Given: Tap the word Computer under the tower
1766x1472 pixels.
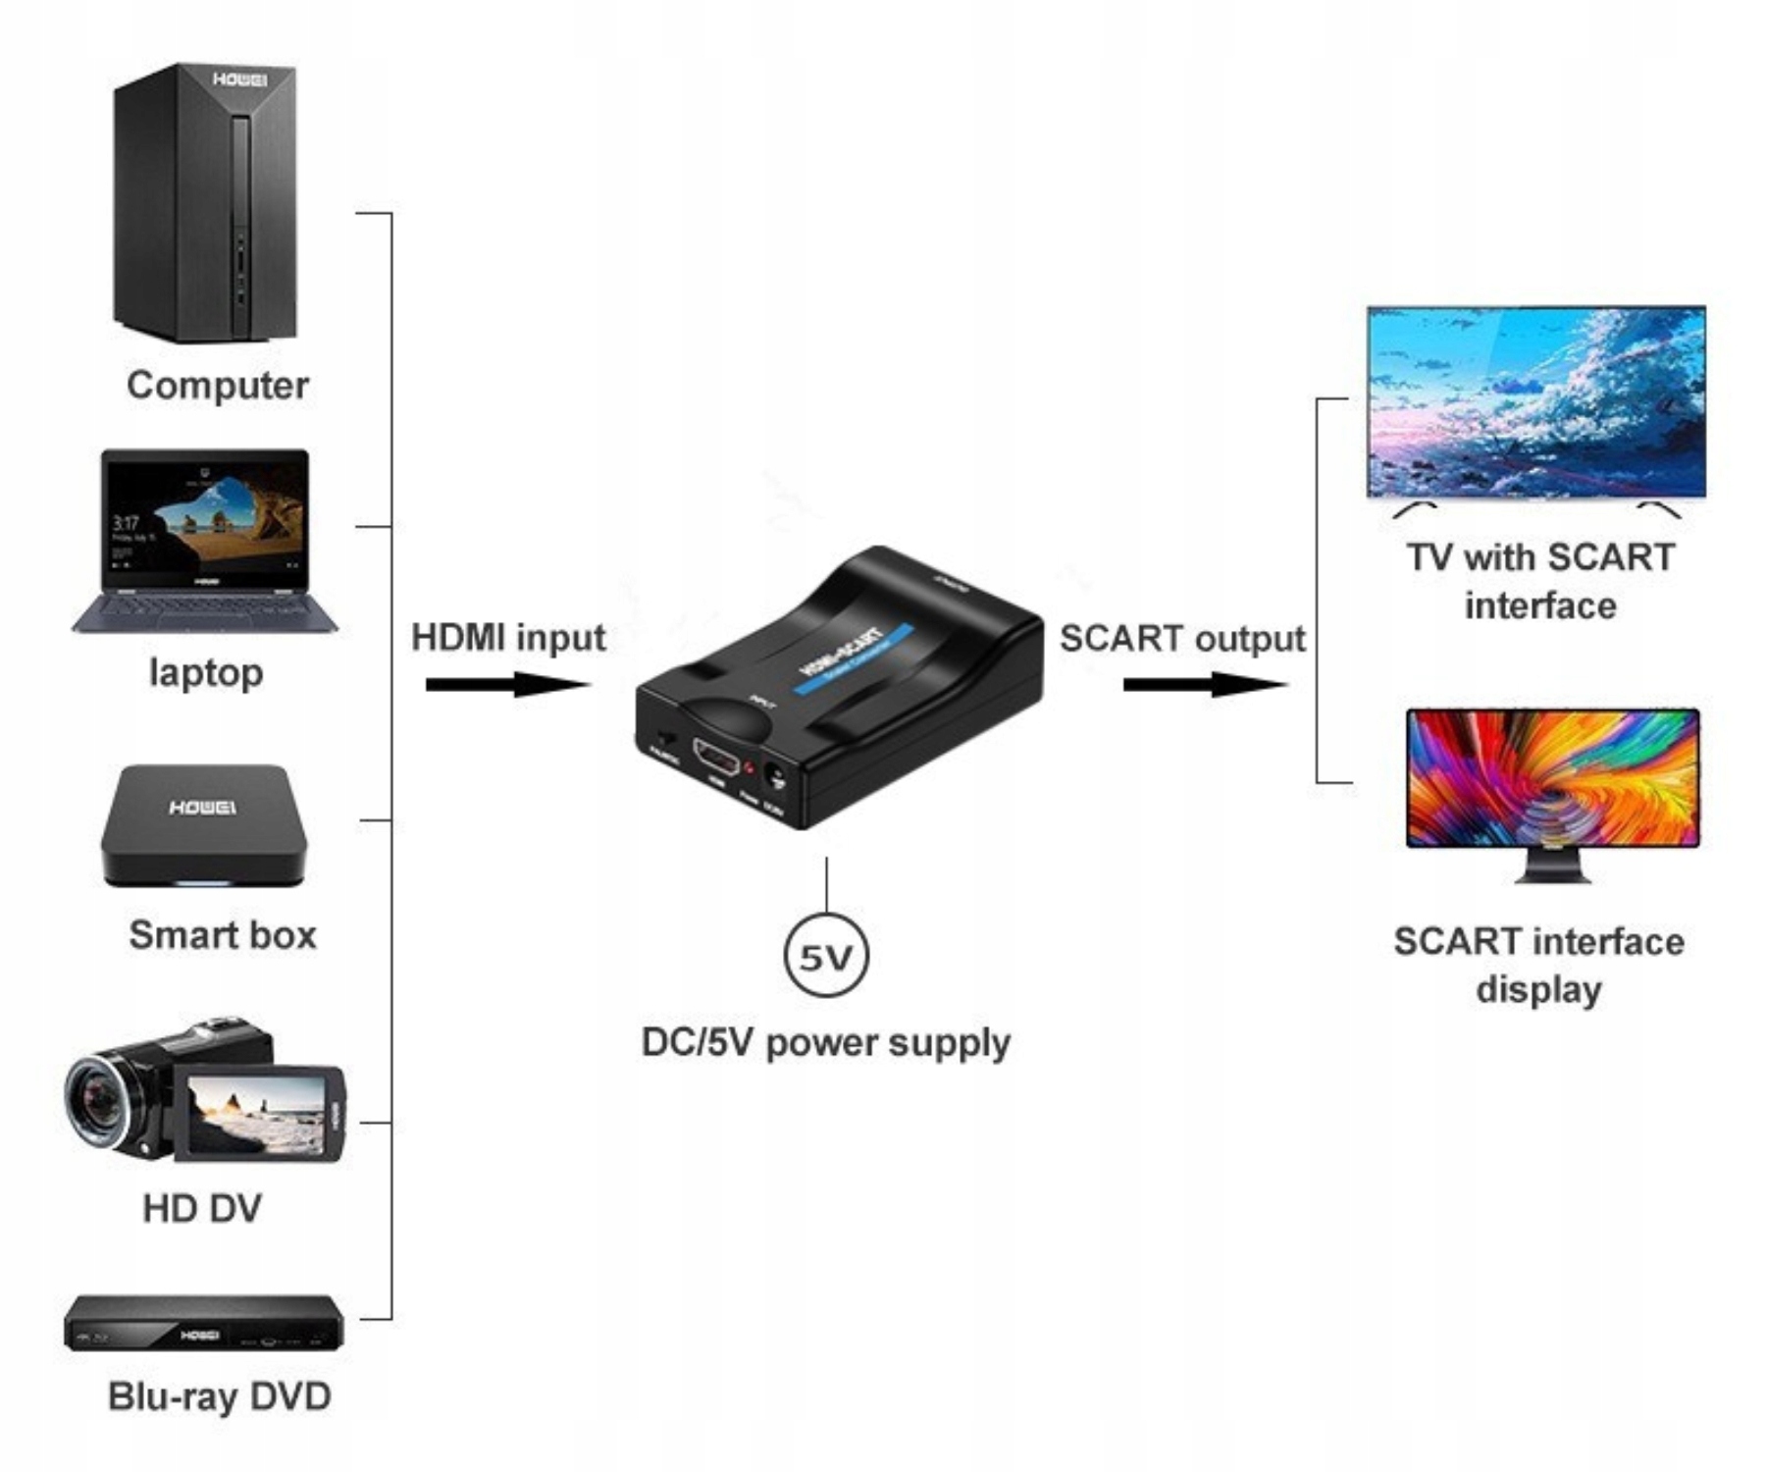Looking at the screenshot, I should click(x=217, y=385).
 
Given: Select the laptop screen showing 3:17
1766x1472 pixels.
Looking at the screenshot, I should click(x=205, y=520).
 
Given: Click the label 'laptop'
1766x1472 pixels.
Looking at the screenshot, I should click(x=206, y=673).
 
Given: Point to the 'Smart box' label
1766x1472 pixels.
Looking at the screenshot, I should click(x=223, y=935).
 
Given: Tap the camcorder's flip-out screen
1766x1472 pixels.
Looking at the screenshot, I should click(x=256, y=1114).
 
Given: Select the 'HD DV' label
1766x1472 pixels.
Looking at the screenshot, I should click(x=202, y=1208).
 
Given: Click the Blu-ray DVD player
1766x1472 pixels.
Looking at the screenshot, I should click(x=204, y=1324).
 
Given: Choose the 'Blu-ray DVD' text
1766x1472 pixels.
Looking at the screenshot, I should click(x=219, y=1396).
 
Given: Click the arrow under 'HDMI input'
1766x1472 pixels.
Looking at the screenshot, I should click(x=507, y=684).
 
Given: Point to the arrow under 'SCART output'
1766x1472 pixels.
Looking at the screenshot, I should click(x=1204, y=684).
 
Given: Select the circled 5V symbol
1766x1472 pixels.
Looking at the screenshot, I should click(x=826, y=956).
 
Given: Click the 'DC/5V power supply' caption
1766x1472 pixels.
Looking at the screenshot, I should click(x=825, y=1042).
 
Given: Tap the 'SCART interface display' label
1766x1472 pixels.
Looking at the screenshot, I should click(x=1538, y=965).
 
